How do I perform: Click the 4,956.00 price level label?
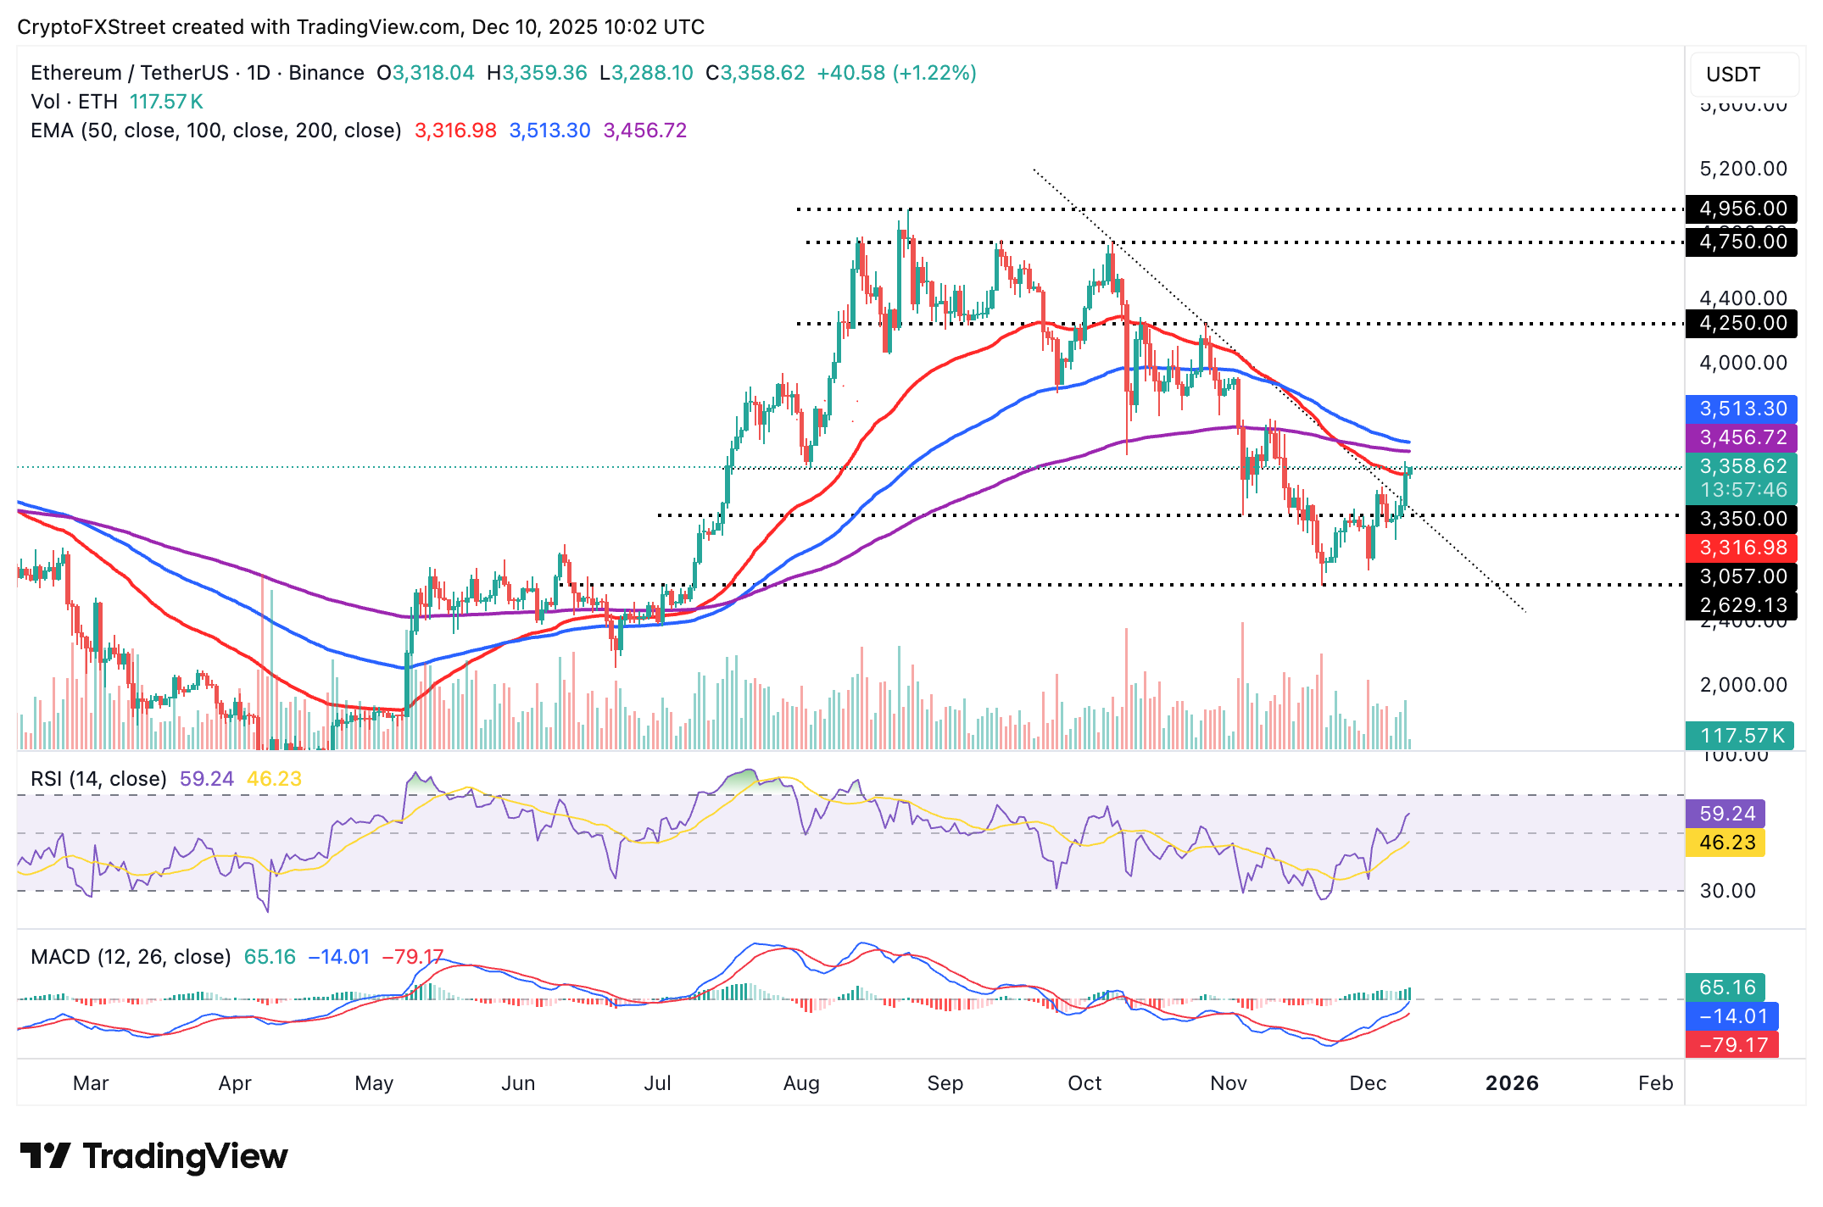tap(1742, 209)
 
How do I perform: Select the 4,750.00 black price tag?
tap(1742, 242)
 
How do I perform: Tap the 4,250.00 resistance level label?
tap(1742, 323)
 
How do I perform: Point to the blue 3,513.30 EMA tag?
tap(1742, 409)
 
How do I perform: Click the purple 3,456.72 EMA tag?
tap(1742, 437)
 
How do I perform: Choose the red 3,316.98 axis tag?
tap(1742, 548)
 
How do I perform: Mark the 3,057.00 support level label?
tap(1742, 576)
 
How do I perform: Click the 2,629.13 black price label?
tap(1742, 605)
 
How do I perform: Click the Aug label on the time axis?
tap(801, 1083)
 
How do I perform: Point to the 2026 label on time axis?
tap(1512, 1083)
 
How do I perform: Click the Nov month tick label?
tap(1229, 1083)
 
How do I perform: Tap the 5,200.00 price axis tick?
tap(1743, 169)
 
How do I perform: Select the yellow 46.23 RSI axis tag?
tap(1726, 843)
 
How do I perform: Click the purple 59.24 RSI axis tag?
tap(1726, 814)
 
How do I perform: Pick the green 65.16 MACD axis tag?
tap(1726, 987)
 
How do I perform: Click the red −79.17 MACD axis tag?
tap(1732, 1045)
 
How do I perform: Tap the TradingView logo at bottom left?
tap(153, 1156)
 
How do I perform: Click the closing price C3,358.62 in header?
tap(755, 73)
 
